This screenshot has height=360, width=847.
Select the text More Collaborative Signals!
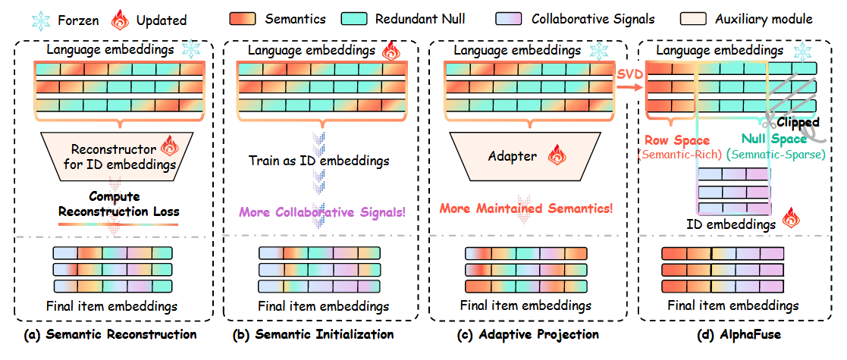pos(323,213)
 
